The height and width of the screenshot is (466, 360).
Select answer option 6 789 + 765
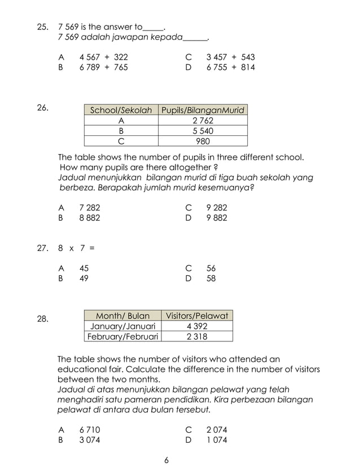[x=104, y=68]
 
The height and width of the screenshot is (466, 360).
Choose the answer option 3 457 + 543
[x=230, y=58]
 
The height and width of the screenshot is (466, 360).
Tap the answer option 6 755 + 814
[x=230, y=68]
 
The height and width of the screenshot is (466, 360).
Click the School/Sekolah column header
[x=121, y=111]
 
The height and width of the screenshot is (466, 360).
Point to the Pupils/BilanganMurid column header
[x=203, y=111]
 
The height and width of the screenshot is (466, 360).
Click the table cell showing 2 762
[x=203, y=121]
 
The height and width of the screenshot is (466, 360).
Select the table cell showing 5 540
[x=203, y=131]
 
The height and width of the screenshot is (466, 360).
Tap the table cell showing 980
[x=203, y=141]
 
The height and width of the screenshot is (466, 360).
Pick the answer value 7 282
[x=90, y=208]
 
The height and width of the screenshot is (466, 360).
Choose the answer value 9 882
[x=217, y=218]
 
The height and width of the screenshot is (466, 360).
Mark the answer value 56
[x=211, y=269]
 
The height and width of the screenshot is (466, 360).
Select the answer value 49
[x=84, y=279]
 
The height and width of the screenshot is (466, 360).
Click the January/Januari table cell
[x=122, y=326]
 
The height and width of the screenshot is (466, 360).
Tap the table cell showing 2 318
[x=197, y=337]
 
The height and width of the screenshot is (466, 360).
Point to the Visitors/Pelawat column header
[x=197, y=316]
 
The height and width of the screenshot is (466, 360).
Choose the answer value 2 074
[x=217, y=430]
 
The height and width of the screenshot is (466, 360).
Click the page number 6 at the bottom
[x=166, y=460]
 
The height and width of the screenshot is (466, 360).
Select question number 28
[x=42, y=319]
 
